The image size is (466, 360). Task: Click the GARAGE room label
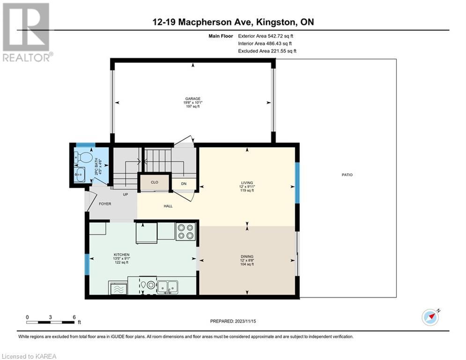192,98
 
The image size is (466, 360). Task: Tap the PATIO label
347,175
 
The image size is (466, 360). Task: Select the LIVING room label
247,183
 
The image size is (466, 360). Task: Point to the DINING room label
247,256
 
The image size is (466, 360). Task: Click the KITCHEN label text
122,255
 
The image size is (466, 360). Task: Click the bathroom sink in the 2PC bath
79,174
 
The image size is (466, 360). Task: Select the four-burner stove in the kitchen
186,232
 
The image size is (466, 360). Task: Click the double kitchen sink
167,287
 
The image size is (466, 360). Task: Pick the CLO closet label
155,182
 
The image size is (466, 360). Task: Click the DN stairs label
184,184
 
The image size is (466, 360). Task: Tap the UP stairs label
126,194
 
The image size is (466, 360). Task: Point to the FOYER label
105,204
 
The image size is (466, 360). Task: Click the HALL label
168,206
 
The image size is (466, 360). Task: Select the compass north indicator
430,317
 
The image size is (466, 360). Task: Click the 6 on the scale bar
74,317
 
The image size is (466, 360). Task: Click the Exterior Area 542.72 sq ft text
266,36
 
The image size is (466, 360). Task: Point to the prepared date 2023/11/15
245,321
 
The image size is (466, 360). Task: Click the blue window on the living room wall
297,183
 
